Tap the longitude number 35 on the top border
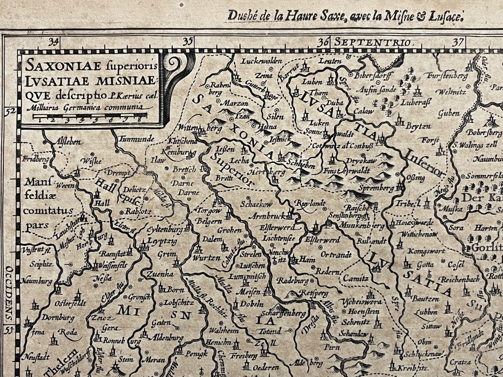(188, 41)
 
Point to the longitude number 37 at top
(459, 42)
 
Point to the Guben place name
(449, 114)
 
